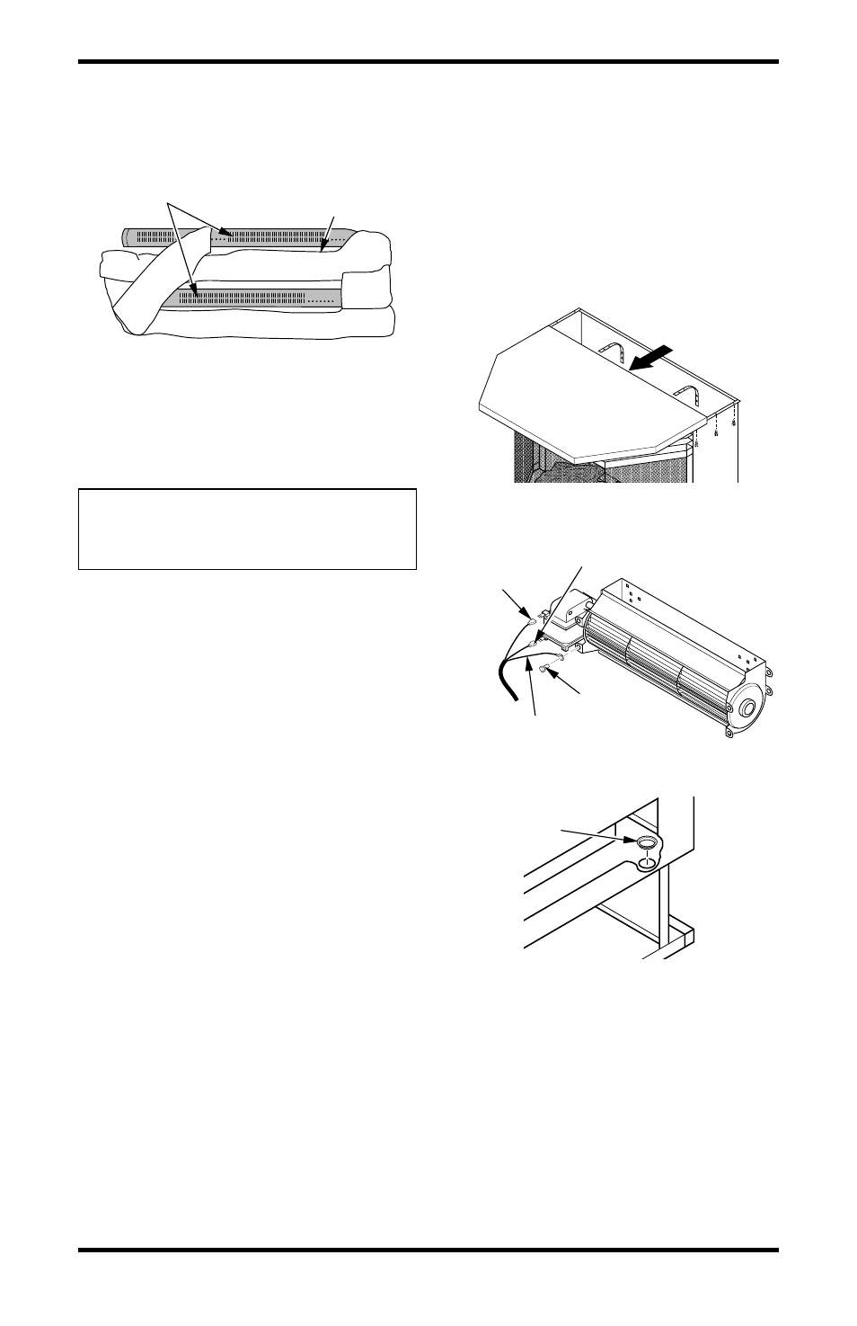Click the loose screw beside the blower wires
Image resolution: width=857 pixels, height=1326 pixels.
click(546, 667)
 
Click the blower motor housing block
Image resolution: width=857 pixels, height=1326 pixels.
click(567, 612)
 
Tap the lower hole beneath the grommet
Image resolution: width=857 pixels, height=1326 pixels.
click(646, 865)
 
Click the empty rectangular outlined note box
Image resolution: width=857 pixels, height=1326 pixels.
click(247, 529)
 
